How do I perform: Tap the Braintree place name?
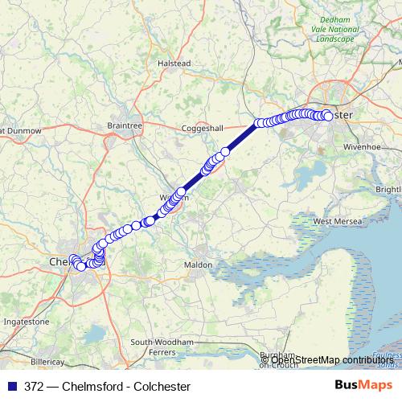[124, 125]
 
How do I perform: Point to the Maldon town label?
[198, 265]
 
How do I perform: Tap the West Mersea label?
[334, 221]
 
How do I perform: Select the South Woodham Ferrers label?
[164, 347]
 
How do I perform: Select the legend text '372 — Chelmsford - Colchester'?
[106, 386]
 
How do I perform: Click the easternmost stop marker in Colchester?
[328, 117]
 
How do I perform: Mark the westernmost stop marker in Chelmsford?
[74, 259]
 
